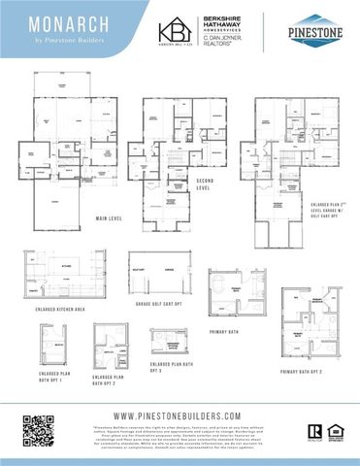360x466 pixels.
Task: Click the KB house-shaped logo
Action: point(176,30)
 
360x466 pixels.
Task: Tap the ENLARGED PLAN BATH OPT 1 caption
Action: point(52,377)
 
